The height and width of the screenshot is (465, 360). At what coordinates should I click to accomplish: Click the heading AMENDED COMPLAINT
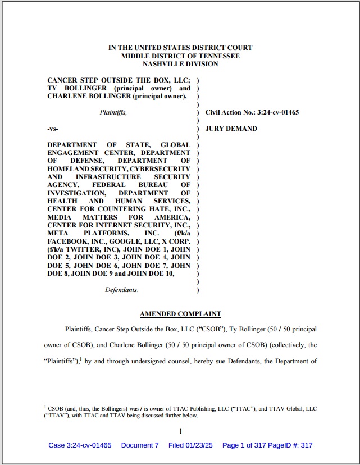click(x=180, y=314)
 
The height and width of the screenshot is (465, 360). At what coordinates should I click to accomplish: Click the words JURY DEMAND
click(x=231, y=129)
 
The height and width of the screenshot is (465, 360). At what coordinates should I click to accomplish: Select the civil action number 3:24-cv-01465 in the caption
click(x=277, y=112)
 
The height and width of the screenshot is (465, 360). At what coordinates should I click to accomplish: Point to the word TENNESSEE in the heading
click(x=218, y=56)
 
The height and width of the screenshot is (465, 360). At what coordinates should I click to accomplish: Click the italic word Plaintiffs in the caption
click(x=113, y=112)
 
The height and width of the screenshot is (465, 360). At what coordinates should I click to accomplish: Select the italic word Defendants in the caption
click(x=121, y=290)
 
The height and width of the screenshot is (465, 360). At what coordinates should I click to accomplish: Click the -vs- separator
click(x=53, y=129)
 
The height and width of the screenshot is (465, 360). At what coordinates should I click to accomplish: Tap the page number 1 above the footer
click(x=180, y=431)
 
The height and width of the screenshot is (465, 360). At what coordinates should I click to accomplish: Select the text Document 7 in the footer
click(x=140, y=445)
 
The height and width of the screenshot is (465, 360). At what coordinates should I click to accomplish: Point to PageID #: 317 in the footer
click(x=291, y=445)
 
